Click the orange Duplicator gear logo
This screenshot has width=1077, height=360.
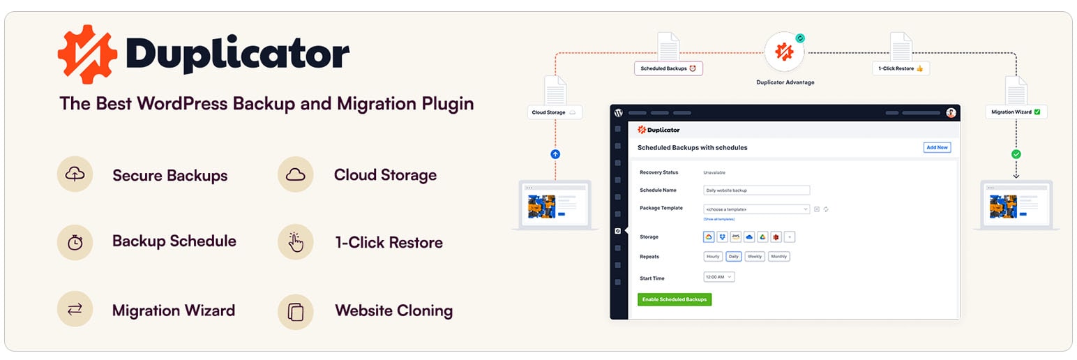coord(87,54)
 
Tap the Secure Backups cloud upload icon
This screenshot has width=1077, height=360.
coord(75,174)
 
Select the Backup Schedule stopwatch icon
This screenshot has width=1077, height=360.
coord(75,242)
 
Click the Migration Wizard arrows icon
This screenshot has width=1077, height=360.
coord(75,309)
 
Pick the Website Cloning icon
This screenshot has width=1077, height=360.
coord(296,311)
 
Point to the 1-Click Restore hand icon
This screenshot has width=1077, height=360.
coord(296,242)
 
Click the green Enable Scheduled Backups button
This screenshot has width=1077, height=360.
coord(675,299)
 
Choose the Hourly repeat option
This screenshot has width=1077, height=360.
coord(712,257)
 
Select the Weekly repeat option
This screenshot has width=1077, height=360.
coord(755,257)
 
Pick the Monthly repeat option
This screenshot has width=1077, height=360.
coord(778,257)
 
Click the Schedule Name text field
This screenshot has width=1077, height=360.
coord(756,190)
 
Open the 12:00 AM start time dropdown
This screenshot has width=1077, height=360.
coord(718,277)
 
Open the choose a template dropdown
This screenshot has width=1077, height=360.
coord(756,209)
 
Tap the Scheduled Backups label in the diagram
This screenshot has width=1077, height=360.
coord(668,68)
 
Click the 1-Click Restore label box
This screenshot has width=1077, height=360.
coord(901,68)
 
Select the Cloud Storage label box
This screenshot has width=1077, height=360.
coord(555,112)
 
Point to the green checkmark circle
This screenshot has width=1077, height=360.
coord(1016,153)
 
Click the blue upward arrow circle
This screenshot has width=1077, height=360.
coord(555,153)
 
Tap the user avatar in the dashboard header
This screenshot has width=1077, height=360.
coord(951,113)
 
